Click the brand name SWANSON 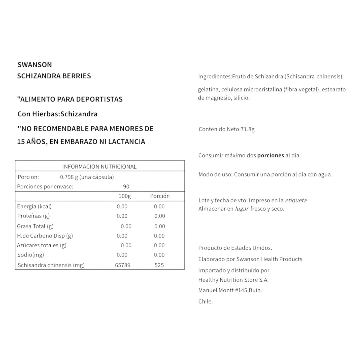click(x=35, y=65)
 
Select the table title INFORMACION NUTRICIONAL click(x=99, y=167)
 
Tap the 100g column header click(x=125, y=196)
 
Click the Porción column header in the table click(x=160, y=196)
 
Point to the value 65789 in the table click(x=122, y=265)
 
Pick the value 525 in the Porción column click(x=159, y=265)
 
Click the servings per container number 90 click(x=126, y=187)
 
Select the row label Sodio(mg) click(x=30, y=255)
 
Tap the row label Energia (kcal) click(x=34, y=206)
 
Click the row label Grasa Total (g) click(x=35, y=226)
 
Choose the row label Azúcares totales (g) click(x=42, y=245)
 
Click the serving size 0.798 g click(x=69, y=177)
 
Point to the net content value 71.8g click(x=248, y=129)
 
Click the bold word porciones click(x=271, y=155)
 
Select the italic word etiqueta click(x=296, y=201)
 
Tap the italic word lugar click(x=242, y=209)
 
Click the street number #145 click(x=241, y=290)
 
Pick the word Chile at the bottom click(x=205, y=302)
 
